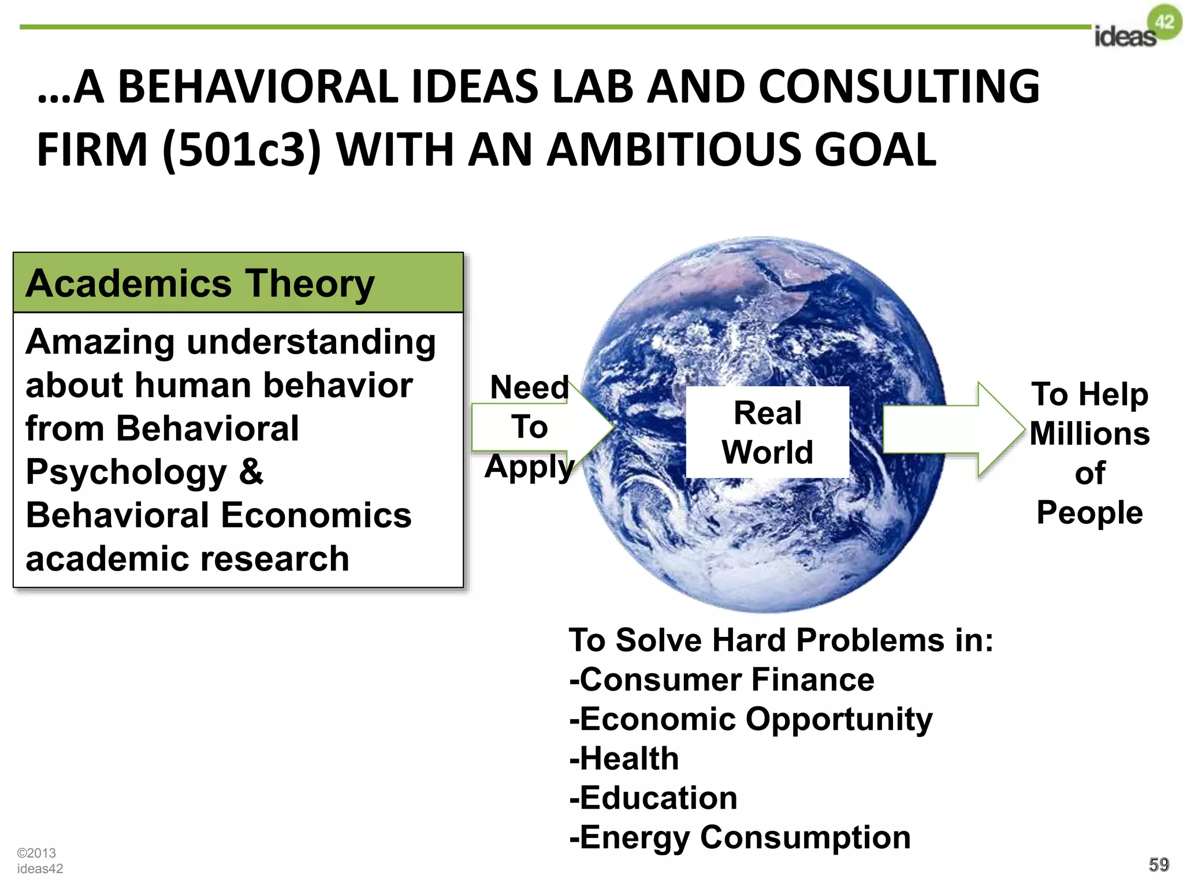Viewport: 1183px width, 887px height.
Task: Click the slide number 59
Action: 1159,864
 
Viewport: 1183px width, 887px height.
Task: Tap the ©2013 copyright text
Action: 36,853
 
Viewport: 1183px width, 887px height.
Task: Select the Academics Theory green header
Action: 238,283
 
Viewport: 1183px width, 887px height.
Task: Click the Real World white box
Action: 767,432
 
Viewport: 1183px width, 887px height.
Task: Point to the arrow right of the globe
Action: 953,429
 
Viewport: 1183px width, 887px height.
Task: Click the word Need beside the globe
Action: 529,387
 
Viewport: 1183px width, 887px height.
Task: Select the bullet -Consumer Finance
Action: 721,679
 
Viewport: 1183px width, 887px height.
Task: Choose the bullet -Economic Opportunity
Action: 751,719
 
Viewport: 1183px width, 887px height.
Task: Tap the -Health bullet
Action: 624,758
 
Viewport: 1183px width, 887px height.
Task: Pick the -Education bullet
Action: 653,798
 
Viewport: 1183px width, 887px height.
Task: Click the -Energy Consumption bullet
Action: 740,837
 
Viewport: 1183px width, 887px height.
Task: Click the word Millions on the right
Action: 1089,434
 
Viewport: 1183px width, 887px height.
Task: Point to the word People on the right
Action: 1089,512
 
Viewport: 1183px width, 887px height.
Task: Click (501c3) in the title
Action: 241,149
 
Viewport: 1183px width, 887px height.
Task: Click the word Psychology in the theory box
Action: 127,472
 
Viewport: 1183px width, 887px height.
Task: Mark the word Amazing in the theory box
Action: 100,342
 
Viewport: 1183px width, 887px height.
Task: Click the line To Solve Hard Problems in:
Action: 781,640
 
